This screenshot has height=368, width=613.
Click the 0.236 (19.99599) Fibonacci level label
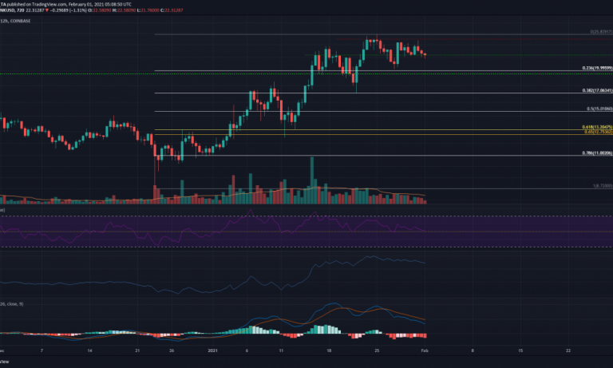click(598, 68)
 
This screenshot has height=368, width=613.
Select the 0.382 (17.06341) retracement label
click(598, 91)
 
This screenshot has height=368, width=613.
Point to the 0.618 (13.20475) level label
click(598, 126)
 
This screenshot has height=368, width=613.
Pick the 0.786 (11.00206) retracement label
click(598, 152)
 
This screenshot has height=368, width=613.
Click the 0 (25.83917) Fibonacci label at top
click(599, 32)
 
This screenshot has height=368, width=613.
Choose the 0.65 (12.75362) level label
click(598, 132)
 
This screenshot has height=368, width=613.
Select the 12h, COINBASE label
click(17, 22)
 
